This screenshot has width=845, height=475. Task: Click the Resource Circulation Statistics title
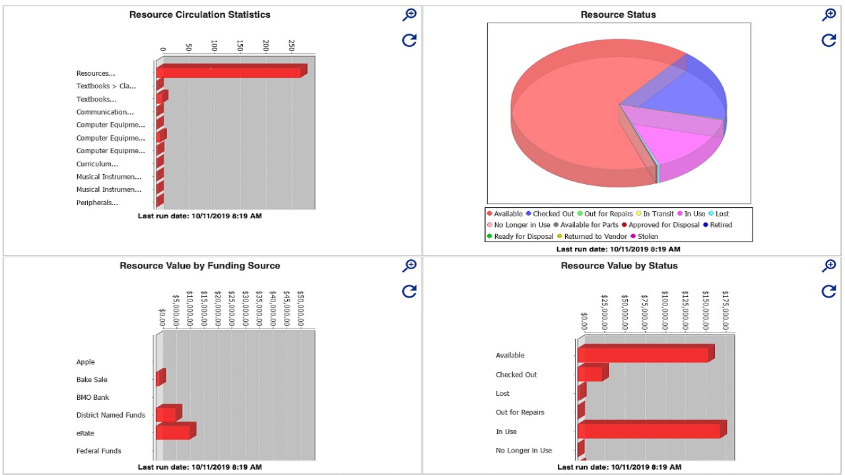(x=199, y=15)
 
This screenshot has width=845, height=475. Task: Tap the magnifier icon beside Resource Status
(x=828, y=15)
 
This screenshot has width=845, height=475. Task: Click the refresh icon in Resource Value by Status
(x=828, y=291)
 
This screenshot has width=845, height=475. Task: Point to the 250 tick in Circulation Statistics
(x=292, y=46)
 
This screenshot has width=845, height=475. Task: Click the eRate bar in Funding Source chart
(x=174, y=432)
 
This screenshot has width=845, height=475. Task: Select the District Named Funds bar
(x=166, y=414)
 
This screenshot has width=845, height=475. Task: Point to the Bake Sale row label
(x=92, y=380)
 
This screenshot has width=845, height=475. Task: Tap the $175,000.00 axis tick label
(x=726, y=310)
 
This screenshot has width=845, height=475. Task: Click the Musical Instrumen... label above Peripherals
(x=109, y=190)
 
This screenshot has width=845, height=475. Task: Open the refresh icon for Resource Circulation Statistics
(x=409, y=40)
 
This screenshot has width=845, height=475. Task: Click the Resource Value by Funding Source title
(x=199, y=266)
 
